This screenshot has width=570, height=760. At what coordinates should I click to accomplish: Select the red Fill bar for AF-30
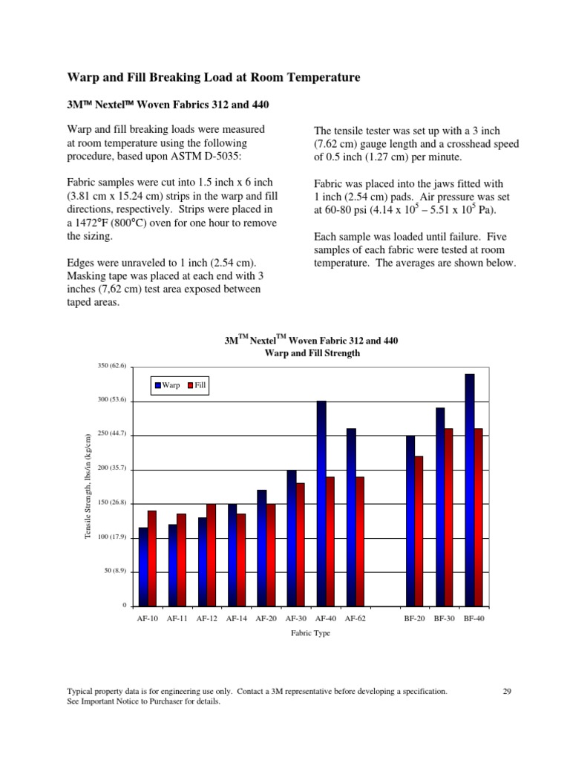click(x=301, y=545)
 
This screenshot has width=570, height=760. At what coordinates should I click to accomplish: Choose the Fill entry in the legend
click(x=197, y=385)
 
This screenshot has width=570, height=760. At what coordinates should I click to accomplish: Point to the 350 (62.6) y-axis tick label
click(x=113, y=366)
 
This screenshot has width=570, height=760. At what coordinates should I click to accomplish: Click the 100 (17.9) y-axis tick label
click(x=113, y=537)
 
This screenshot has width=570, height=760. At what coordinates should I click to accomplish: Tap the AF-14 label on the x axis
click(x=237, y=617)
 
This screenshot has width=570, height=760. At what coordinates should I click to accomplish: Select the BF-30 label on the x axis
click(x=445, y=617)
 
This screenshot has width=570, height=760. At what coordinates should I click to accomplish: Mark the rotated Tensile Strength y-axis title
click(x=88, y=487)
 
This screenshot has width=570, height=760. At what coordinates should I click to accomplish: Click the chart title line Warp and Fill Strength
click(x=312, y=353)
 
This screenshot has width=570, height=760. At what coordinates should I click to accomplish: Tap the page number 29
click(x=508, y=691)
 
